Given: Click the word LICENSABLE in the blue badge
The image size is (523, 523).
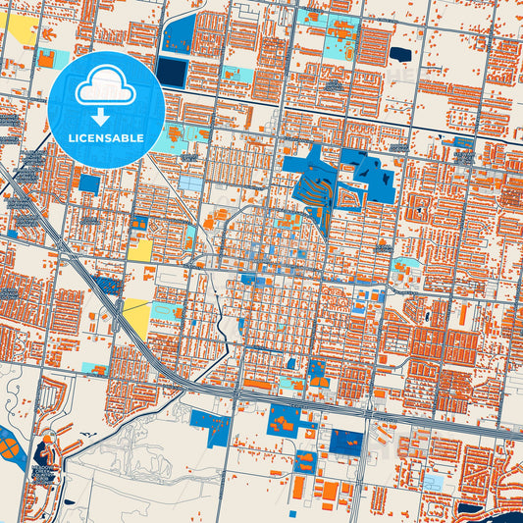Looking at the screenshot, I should [106, 137].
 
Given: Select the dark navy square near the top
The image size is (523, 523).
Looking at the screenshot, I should [172, 71].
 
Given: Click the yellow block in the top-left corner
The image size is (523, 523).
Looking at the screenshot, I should [22, 28].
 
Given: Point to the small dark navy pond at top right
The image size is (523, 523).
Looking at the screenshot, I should [400, 54].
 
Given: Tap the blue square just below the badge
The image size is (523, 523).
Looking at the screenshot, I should [89, 183].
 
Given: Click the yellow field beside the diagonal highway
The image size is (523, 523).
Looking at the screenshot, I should [137, 317].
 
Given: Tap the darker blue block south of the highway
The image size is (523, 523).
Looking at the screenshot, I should [345, 445].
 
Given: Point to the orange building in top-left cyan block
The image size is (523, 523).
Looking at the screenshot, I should [46, 59].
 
